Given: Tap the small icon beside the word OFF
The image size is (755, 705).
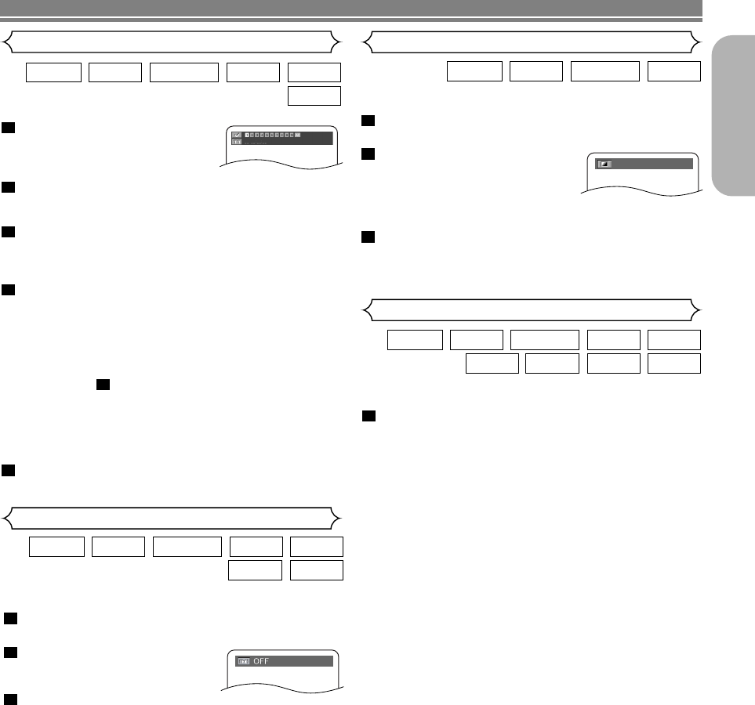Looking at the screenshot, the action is tap(243, 661).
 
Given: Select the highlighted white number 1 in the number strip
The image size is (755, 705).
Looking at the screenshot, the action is tap(247, 135).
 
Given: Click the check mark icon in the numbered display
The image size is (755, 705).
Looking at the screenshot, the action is tap(236, 135).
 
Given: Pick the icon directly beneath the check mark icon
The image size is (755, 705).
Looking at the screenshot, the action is tap(236, 143).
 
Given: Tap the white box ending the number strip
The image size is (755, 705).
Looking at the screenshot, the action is tap(297, 135).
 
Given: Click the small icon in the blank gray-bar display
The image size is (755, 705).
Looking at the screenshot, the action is tap(604, 164).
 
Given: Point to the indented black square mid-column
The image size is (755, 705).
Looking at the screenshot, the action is tap(102, 385).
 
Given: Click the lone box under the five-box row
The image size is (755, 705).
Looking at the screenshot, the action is tap(314, 96).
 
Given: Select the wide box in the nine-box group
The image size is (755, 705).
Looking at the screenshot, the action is tap(544, 340).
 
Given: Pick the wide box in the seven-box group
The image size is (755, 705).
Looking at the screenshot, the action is tap(187, 547).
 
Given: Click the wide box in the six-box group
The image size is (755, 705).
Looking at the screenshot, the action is tap(183, 72).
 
